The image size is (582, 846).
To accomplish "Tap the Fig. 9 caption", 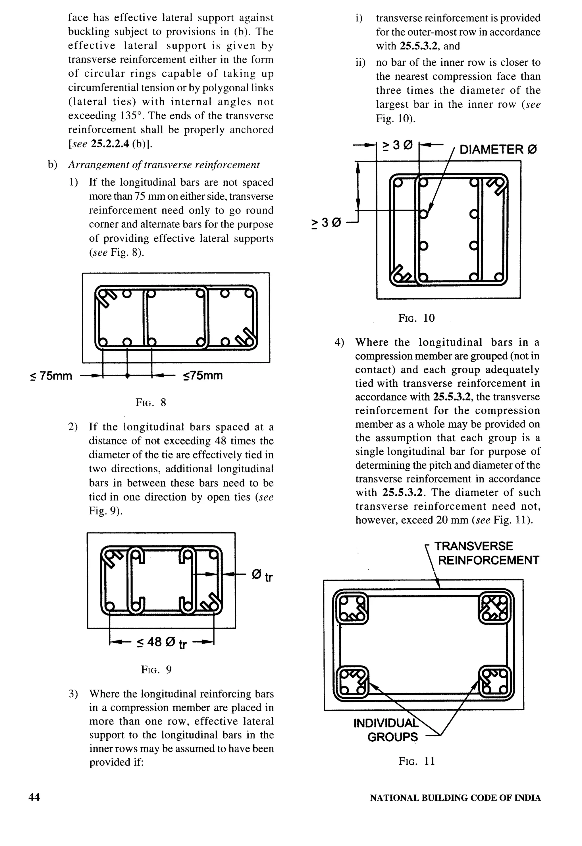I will [x=156, y=669].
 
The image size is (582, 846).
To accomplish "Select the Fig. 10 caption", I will [x=416, y=318].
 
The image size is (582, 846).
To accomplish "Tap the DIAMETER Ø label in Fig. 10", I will [x=498, y=150].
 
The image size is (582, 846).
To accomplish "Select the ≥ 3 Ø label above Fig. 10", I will [x=397, y=146].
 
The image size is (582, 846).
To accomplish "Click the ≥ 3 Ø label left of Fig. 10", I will [x=326, y=223].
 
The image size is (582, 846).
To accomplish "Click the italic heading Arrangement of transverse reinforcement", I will [x=164, y=165].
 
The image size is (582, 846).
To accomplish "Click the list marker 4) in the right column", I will [x=340, y=342].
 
